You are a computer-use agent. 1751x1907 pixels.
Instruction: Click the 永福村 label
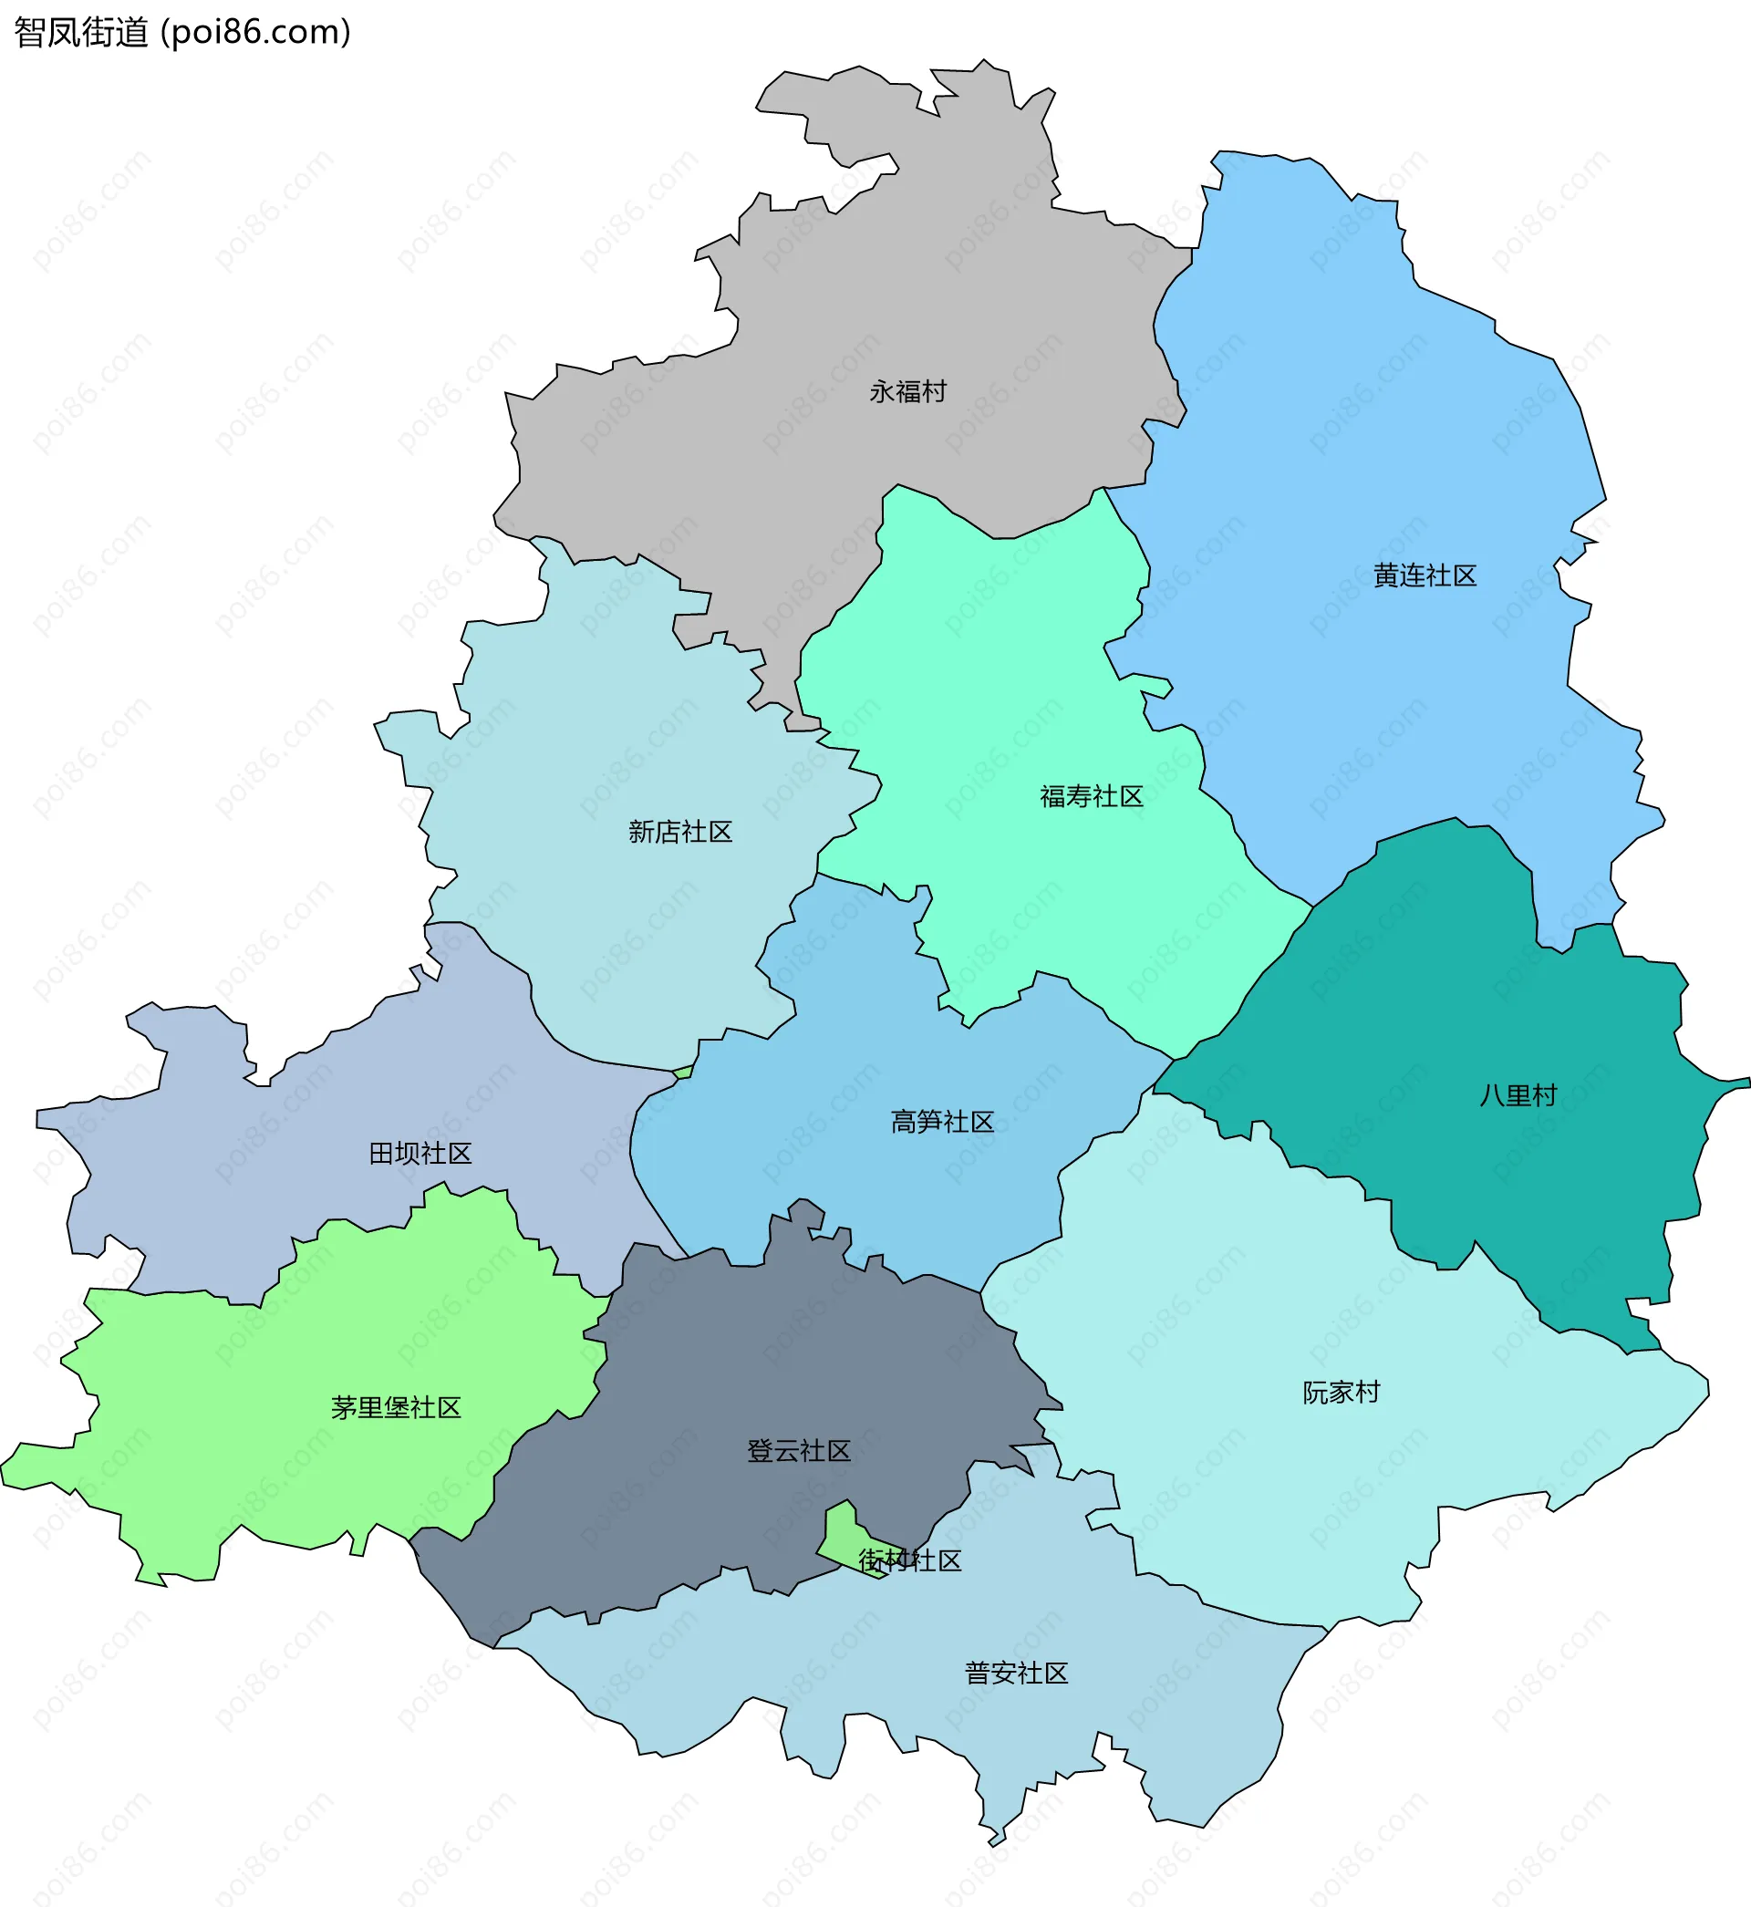[x=907, y=391]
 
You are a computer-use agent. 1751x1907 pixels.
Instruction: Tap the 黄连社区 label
[x=1425, y=575]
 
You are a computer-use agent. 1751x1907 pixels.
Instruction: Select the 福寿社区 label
[x=1091, y=796]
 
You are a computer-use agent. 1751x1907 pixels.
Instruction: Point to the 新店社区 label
[x=680, y=831]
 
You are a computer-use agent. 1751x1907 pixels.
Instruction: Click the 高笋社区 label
[x=942, y=1122]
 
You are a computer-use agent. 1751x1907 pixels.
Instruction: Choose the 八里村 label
[x=1518, y=1095]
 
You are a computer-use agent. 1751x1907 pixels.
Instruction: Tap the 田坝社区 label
[x=420, y=1153]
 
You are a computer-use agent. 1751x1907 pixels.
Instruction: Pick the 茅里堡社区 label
[x=396, y=1407]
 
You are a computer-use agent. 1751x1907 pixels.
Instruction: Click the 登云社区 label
[x=799, y=1450]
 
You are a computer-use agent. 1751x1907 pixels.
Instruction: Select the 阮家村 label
[x=1341, y=1392]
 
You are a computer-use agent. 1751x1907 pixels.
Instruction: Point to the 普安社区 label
[x=1016, y=1673]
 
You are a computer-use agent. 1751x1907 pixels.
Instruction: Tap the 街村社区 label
[x=909, y=1560]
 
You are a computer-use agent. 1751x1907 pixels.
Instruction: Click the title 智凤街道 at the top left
[x=81, y=32]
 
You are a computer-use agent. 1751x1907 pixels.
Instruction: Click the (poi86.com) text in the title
[x=256, y=32]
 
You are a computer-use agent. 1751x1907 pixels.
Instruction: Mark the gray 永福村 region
[x=853, y=285]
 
